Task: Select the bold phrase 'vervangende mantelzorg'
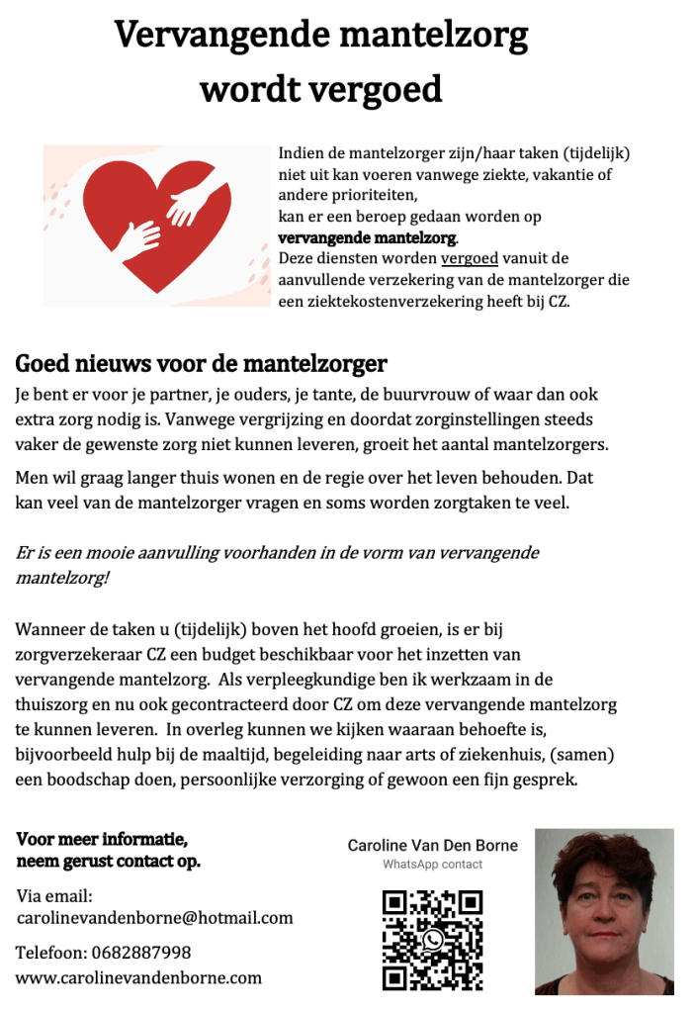coord(368,238)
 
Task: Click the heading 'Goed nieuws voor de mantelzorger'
coord(201,364)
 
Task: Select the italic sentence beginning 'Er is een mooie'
coord(277,565)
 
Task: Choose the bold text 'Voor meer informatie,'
coord(102,840)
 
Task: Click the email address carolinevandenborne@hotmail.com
coord(155,918)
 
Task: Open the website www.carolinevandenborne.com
coord(138,977)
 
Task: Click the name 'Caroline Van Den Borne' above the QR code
coord(432,846)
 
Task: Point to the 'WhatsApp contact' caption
coord(432,865)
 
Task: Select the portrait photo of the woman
coord(604,911)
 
